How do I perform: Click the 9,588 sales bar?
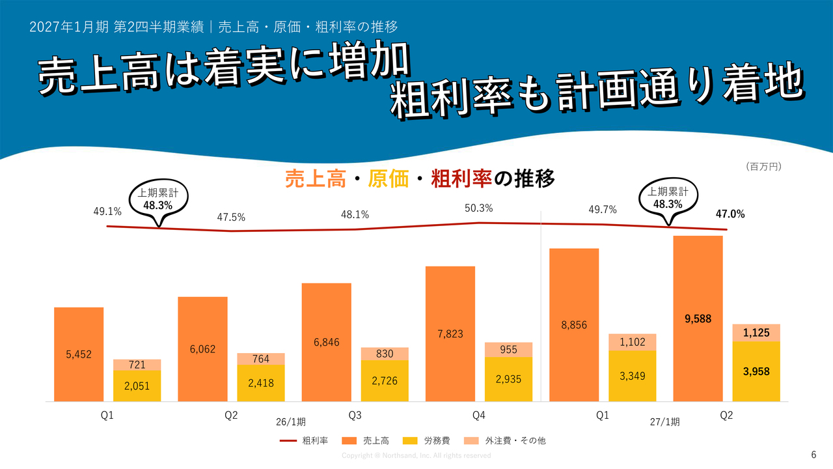[698, 319]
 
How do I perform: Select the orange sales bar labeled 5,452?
[79, 354]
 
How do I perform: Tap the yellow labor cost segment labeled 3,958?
[756, 371]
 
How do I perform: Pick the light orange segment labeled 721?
[137, 365]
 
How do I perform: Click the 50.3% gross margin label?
[478, 208]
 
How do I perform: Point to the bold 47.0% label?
[730, 214]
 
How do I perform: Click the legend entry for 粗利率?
[304, 441]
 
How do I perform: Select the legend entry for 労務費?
[426, 441]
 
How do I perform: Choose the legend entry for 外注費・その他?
[505, 441]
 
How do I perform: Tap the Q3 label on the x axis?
[355, 415]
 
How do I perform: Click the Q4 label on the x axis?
[478, 415]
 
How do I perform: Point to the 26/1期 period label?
[291, 421]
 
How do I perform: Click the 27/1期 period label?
[665, 421]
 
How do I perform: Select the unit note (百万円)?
[764, 166]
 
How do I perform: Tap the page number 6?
[813, 455]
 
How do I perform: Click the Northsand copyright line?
[416, 455]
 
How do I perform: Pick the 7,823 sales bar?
[450, 334]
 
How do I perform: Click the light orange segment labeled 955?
[509, 350]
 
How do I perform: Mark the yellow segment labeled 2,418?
[261, 384]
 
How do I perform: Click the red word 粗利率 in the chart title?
[461, 178]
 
